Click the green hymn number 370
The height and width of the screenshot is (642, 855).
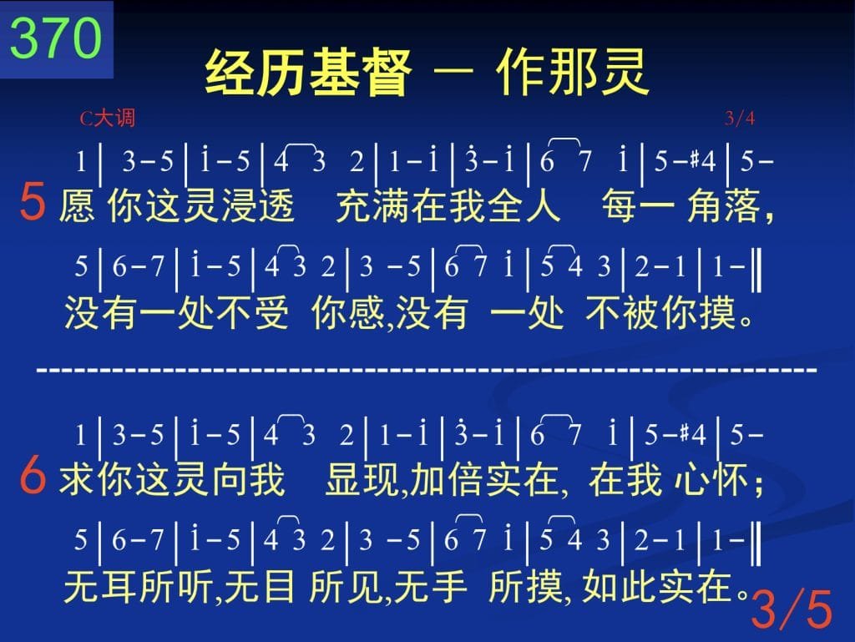coord(56,38)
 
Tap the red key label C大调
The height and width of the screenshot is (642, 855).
coord(108,119)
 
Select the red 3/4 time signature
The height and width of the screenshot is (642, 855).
coord(740,118)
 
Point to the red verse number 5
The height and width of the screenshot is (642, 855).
coord(33,202)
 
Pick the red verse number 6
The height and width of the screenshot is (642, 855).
coord(33,475)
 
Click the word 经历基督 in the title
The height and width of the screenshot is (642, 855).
coord(308,72)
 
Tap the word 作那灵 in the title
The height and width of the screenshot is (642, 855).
coord(573,72)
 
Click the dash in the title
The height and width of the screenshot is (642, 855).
coord(453,71)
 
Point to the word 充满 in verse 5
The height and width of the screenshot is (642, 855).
coord(373,206)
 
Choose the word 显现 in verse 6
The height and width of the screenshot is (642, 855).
coord(362,480)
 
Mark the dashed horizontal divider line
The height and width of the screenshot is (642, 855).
coord(427,370)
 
